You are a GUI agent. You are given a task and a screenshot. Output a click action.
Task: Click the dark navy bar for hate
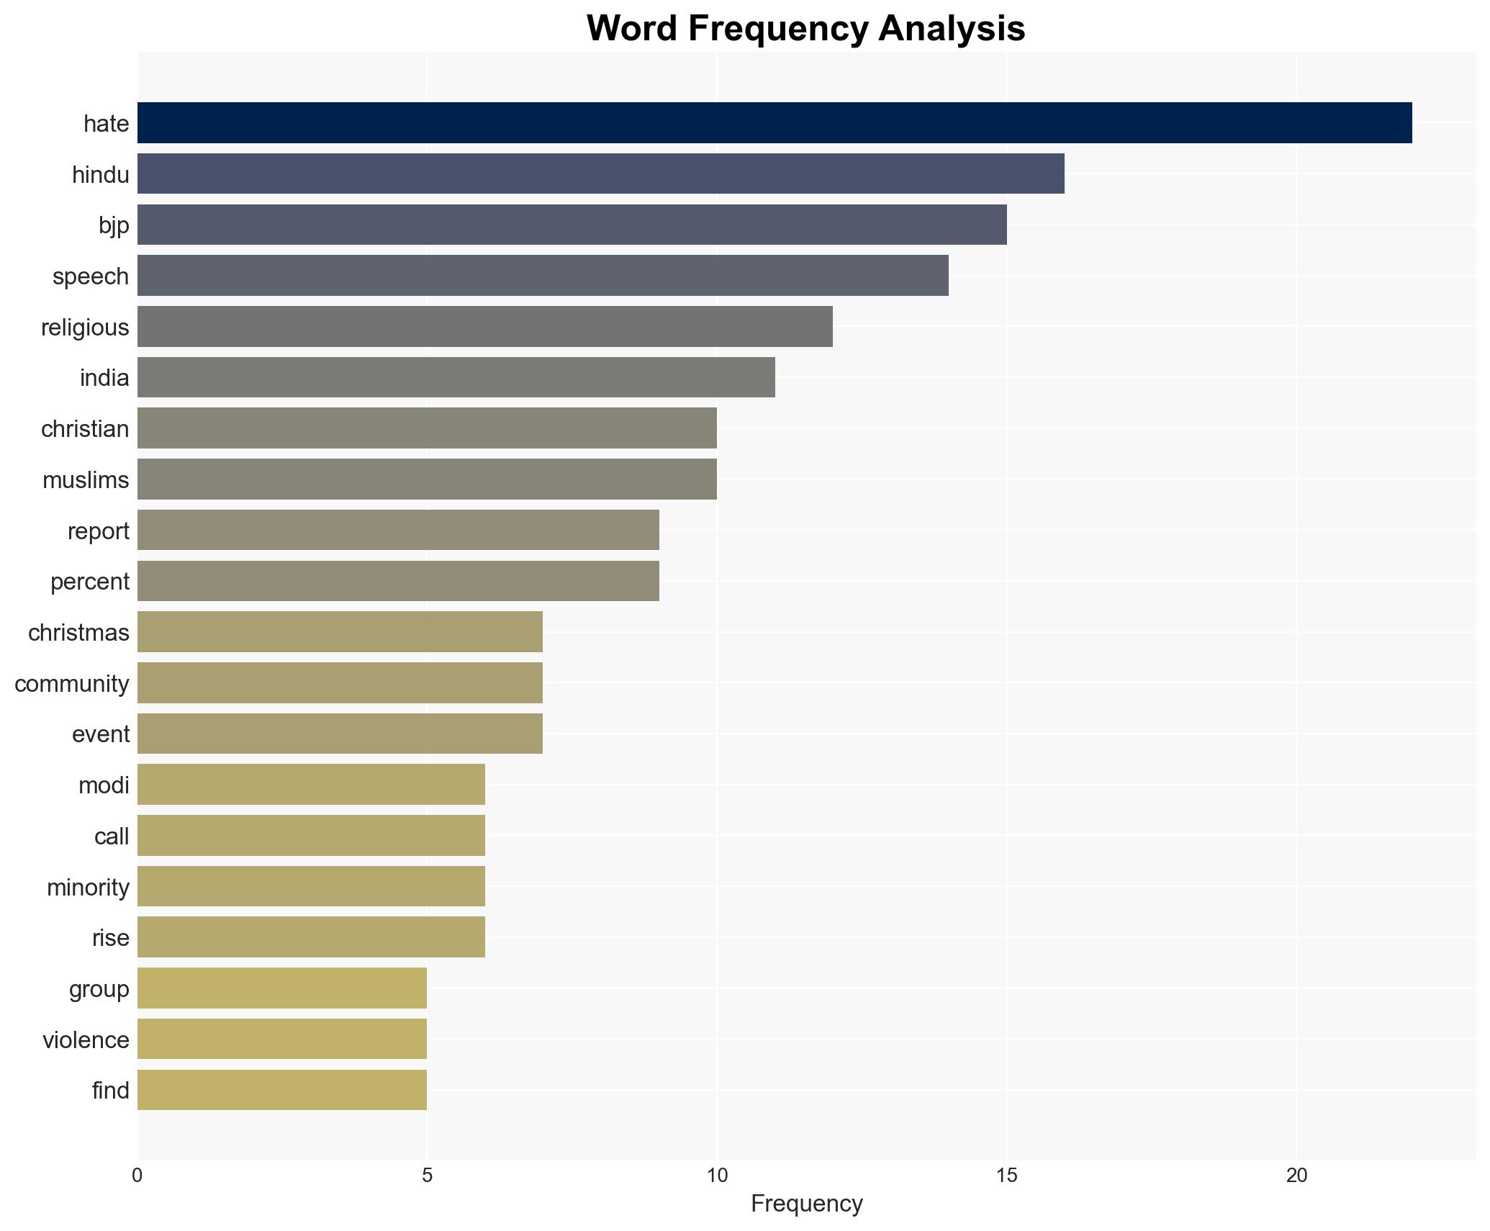click(x=774, y=123)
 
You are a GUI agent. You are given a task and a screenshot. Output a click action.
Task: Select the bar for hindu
click(x=600, y=174)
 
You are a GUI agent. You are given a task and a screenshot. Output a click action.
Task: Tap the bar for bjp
click(x=572, y=225)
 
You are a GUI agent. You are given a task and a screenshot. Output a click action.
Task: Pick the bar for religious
click(x=484, y=327)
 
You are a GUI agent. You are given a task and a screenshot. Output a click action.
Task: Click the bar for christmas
click(x=340, y=632)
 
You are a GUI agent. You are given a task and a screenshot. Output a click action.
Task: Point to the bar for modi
click(x=311, y=785)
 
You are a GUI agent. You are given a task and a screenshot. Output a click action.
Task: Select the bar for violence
click(x=281, y=1039)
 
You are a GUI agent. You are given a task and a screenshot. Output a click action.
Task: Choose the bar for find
click(x=281, y=1090)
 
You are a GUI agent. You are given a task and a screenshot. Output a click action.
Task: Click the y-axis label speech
click(x=91, y=276)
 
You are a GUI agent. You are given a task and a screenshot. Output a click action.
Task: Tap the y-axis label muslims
click(x=86, y=480)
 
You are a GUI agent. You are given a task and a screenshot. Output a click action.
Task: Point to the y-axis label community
click(x=72, y=684)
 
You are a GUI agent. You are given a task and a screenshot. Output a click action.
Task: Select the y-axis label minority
click(x=88, y=888)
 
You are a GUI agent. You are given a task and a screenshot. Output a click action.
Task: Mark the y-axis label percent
click(x=90, y=582)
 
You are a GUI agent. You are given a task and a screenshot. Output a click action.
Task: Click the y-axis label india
click(x=104, y=378)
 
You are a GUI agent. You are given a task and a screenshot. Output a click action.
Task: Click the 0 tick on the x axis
click(x=137, y=1176)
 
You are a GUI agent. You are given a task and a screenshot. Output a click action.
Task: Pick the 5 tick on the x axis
click(x=427, y=1176)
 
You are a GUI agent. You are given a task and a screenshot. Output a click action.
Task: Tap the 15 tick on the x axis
click(x=1006, y=1176)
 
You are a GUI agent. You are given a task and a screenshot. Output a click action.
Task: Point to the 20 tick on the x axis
click(x=1296, y=1176)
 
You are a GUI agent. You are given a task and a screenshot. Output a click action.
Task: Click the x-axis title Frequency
click(x=806, y=1204)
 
